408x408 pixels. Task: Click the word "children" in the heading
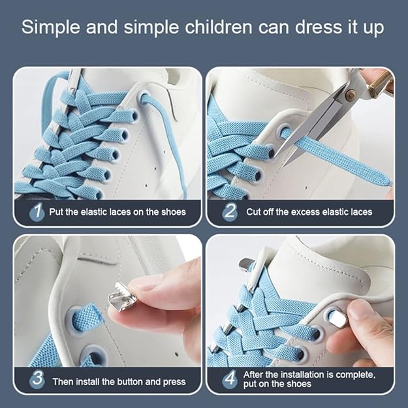219,27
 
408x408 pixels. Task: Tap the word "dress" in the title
318,27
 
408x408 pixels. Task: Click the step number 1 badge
37,212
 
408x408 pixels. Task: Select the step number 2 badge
230,212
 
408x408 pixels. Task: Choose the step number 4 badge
230,379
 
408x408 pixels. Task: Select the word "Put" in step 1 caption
56,212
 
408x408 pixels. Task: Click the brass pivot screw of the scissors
351,92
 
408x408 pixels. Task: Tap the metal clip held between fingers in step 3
119,297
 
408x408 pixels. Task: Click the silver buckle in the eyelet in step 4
339,319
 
